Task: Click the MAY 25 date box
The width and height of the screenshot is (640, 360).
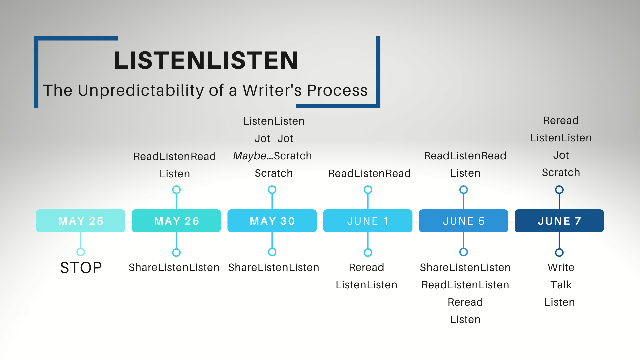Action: click(x=81, y=221)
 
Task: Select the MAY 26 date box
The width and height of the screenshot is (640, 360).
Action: click(x=176, y=221)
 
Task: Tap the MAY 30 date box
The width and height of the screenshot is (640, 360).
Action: click(x=272, y=221)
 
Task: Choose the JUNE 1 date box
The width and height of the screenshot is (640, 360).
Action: click(x=368, y=221)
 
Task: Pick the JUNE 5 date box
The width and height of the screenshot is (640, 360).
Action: click(x=463, y=221)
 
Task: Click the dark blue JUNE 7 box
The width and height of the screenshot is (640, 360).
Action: click(x=559, y=221)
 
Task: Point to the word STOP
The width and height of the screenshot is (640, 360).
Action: click(x=81, y=268)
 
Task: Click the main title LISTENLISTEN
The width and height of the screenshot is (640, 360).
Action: click(x=206, y=60)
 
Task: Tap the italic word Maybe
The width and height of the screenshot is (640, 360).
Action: click(x=250, y=156)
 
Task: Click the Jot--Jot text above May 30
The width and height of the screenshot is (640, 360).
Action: click(x=274, y=138)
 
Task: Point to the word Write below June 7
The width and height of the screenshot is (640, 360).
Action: click(x=561, y=267)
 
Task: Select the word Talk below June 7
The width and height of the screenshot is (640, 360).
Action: click(x=561, y=285)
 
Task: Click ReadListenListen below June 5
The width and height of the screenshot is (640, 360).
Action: click(x=465, y=285)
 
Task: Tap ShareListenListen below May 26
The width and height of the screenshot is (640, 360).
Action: click(x=174, y=267)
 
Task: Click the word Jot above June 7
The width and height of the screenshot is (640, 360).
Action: click(x=561, y=155)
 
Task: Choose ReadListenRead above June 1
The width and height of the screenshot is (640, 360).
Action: click(x=369, y=173)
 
